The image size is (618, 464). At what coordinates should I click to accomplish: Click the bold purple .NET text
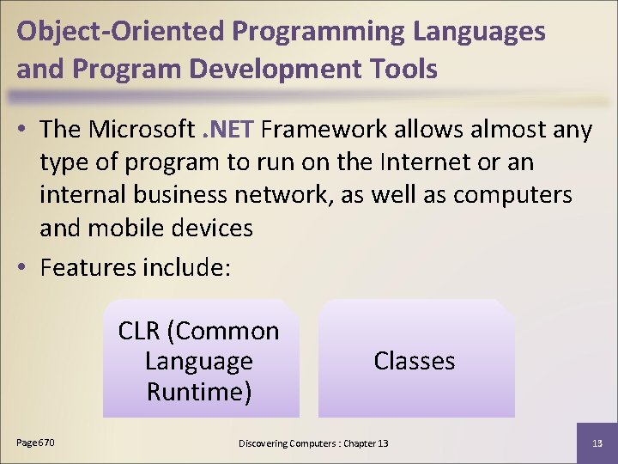pos(227,130)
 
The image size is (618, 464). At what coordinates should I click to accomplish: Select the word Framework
pos(325,130)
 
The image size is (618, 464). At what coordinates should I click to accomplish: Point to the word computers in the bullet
pos(512,195)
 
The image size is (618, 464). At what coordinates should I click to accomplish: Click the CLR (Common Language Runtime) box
pos(200,361)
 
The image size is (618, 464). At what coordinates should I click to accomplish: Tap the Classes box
pos(415,361)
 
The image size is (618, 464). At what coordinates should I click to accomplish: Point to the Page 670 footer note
pos(36,443)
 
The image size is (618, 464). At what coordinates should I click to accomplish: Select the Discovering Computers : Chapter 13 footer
pos(313,443)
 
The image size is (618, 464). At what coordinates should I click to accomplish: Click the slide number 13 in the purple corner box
pos(597,443)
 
